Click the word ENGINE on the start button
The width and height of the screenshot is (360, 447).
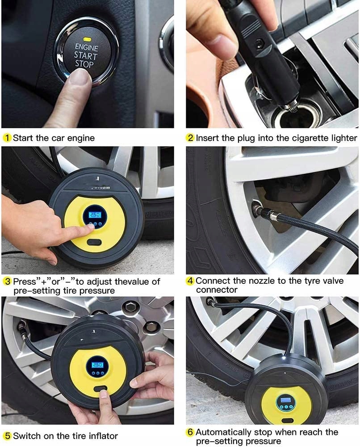point(86,47)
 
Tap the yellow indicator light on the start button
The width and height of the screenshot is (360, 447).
point(87,38)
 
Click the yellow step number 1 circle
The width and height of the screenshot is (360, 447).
point(7,138)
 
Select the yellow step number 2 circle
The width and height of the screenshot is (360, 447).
point(190,138)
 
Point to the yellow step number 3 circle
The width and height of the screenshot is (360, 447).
point(7,282)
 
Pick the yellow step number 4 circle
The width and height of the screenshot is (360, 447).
point(190,281)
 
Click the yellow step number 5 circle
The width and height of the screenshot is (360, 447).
point(7,436)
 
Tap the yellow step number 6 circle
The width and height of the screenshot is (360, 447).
point(190,432)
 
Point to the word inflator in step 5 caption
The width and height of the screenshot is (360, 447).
point(103,436)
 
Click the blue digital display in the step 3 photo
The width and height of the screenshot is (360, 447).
point(95,215)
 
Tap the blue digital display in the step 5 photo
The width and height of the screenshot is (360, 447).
point(97,365)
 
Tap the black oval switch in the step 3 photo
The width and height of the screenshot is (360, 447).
point(94,243)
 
